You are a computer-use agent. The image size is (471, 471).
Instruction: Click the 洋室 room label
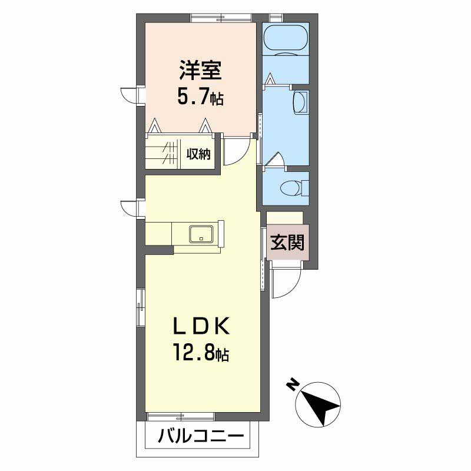[200, 71]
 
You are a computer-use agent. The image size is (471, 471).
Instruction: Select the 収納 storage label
[199, 154]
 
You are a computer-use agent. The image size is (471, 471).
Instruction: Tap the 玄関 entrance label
[287, 243]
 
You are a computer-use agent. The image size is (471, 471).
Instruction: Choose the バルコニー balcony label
[200, 437]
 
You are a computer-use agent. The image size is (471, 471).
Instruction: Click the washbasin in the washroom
[300, 103]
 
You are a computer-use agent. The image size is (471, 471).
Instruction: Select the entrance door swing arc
[287, 284]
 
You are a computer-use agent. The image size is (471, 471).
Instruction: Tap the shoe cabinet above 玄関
[285, 217]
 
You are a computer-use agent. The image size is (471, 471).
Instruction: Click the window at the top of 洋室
[221, 18]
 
